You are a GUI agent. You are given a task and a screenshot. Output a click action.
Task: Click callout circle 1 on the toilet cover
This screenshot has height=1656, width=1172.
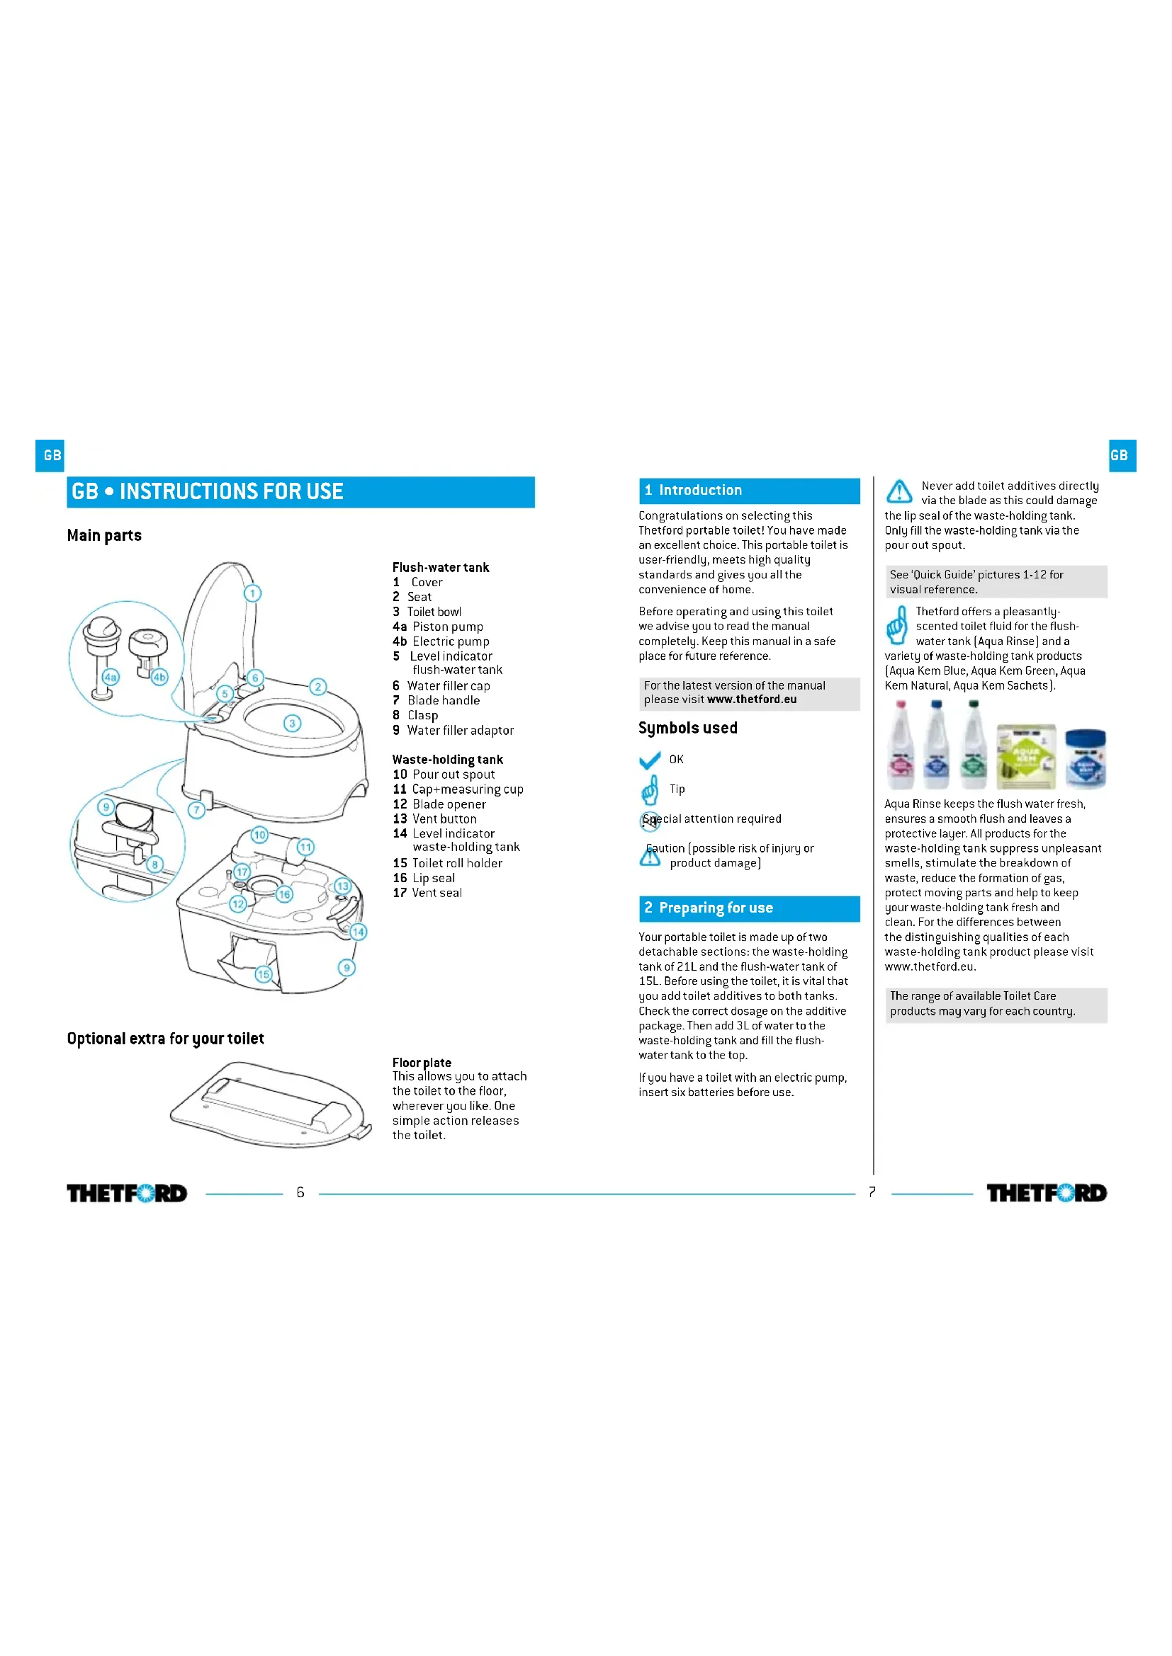tap(252, 593)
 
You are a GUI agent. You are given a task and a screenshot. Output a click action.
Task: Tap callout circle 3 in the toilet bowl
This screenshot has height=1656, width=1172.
tap(291, 723)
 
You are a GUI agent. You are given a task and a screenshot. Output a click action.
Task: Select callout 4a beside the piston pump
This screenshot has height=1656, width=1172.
tap(110, 677)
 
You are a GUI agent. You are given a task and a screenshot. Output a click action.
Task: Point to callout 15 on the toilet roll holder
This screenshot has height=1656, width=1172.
tap(264, 973)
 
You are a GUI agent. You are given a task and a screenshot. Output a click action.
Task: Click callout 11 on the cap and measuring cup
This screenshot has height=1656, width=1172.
tap(305, 847)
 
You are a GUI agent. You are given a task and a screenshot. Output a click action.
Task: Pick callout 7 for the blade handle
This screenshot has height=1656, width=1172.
tap(196, 809)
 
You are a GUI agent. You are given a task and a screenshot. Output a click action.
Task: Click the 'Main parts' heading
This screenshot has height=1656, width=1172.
tap(104, 535)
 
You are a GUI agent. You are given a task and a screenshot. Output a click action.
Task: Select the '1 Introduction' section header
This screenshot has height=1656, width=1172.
tap(748, 491)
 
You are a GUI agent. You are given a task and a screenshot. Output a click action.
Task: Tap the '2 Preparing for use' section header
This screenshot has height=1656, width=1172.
tap(748, 908)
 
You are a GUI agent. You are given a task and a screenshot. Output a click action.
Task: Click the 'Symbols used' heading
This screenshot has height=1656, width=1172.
tap(687, 728)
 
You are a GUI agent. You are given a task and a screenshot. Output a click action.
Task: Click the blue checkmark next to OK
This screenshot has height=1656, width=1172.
tap(650, 760)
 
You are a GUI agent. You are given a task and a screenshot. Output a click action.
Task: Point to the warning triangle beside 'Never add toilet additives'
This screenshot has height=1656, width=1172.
tap(898, 492)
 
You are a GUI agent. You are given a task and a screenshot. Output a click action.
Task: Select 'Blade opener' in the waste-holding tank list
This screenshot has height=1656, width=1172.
tap(448, 804)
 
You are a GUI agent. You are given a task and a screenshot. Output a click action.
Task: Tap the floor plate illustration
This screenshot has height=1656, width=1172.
tap(271, 1104)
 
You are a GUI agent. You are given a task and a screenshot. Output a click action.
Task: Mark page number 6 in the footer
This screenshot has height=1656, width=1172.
tap(300, 1192)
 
